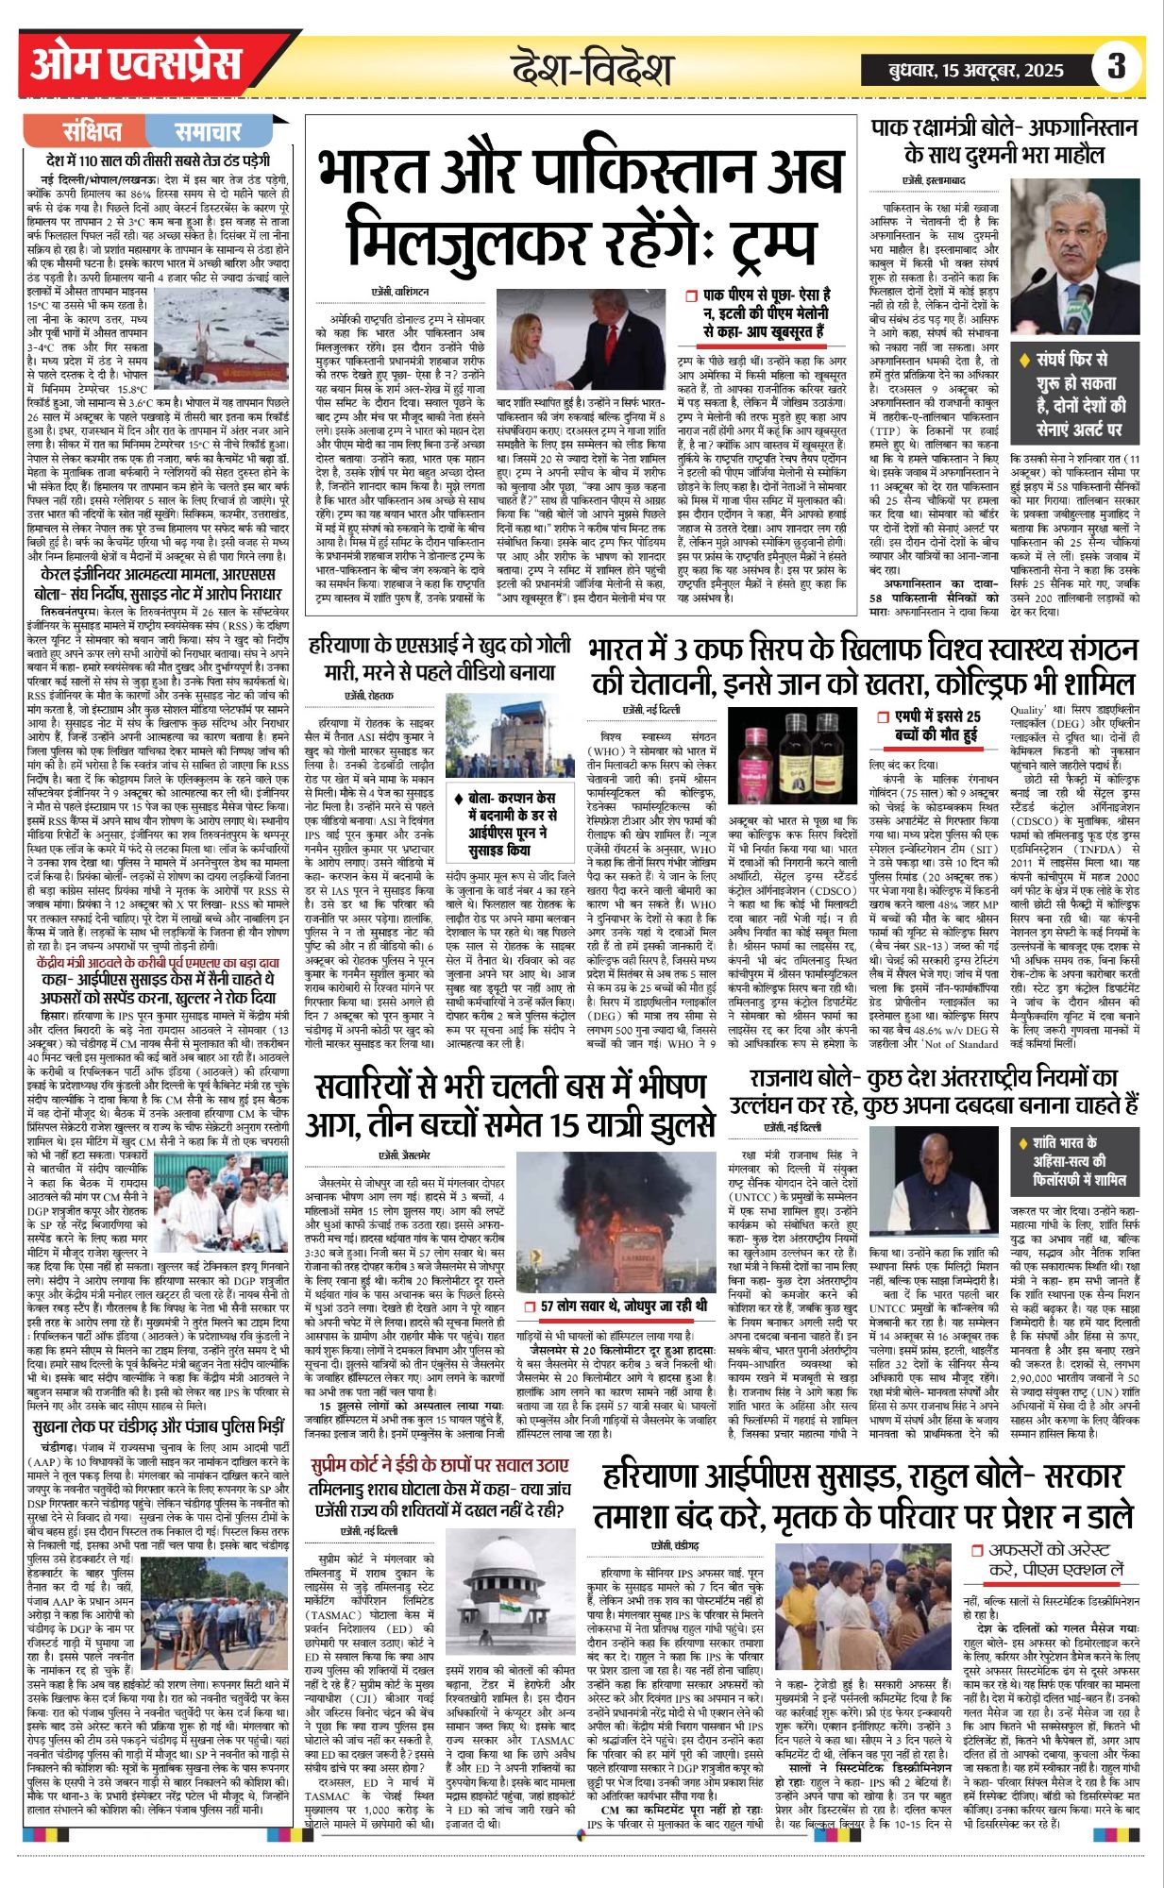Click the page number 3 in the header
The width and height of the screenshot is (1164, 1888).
pos(1117,66)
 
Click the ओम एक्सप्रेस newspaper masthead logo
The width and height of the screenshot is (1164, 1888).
pos(136,65)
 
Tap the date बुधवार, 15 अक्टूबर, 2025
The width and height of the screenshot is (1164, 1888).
pos(976,70)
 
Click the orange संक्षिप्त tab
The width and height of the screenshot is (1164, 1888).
pos(92,131)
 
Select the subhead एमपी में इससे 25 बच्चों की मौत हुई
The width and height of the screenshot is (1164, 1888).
pos(936,725)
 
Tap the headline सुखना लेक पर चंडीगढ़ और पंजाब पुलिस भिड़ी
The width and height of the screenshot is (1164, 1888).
pos(157,1425)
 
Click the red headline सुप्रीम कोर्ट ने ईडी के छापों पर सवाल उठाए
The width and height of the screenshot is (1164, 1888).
pos(440,1465)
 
